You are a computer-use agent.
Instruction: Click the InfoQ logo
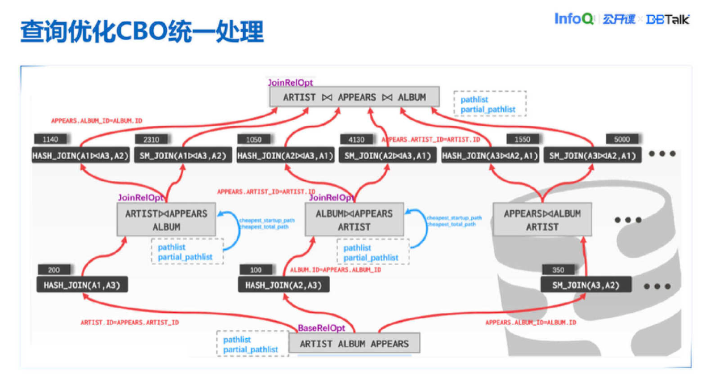click(574, 19)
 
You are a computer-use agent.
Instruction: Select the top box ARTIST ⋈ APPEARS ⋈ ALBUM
click(354, 97)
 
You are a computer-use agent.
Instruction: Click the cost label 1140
click(50, 139)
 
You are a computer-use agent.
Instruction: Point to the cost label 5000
click(622, 139)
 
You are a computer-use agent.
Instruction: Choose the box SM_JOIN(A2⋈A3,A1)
click(387, 155)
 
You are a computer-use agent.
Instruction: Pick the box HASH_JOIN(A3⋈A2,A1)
click(490, 155)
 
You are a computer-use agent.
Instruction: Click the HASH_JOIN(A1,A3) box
click(82, 285)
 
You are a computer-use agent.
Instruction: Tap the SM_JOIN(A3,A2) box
click(585, 285)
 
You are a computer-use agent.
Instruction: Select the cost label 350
click(558, 270)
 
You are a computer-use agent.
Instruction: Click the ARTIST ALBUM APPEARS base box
click(354, 343)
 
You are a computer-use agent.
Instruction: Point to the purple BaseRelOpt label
click(321, 328)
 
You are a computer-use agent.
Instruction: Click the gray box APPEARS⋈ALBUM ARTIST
click(542, 220)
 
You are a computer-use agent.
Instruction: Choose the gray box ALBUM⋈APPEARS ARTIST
click(354, 220)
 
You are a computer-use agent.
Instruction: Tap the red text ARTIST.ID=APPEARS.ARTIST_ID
click(129, 322)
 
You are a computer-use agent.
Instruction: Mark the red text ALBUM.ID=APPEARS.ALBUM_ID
click(335, 270)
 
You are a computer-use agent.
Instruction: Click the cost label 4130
click(356, 139)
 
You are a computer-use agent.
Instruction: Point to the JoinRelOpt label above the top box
click(290, 83)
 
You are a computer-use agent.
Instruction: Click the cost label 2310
click(151, 139)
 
